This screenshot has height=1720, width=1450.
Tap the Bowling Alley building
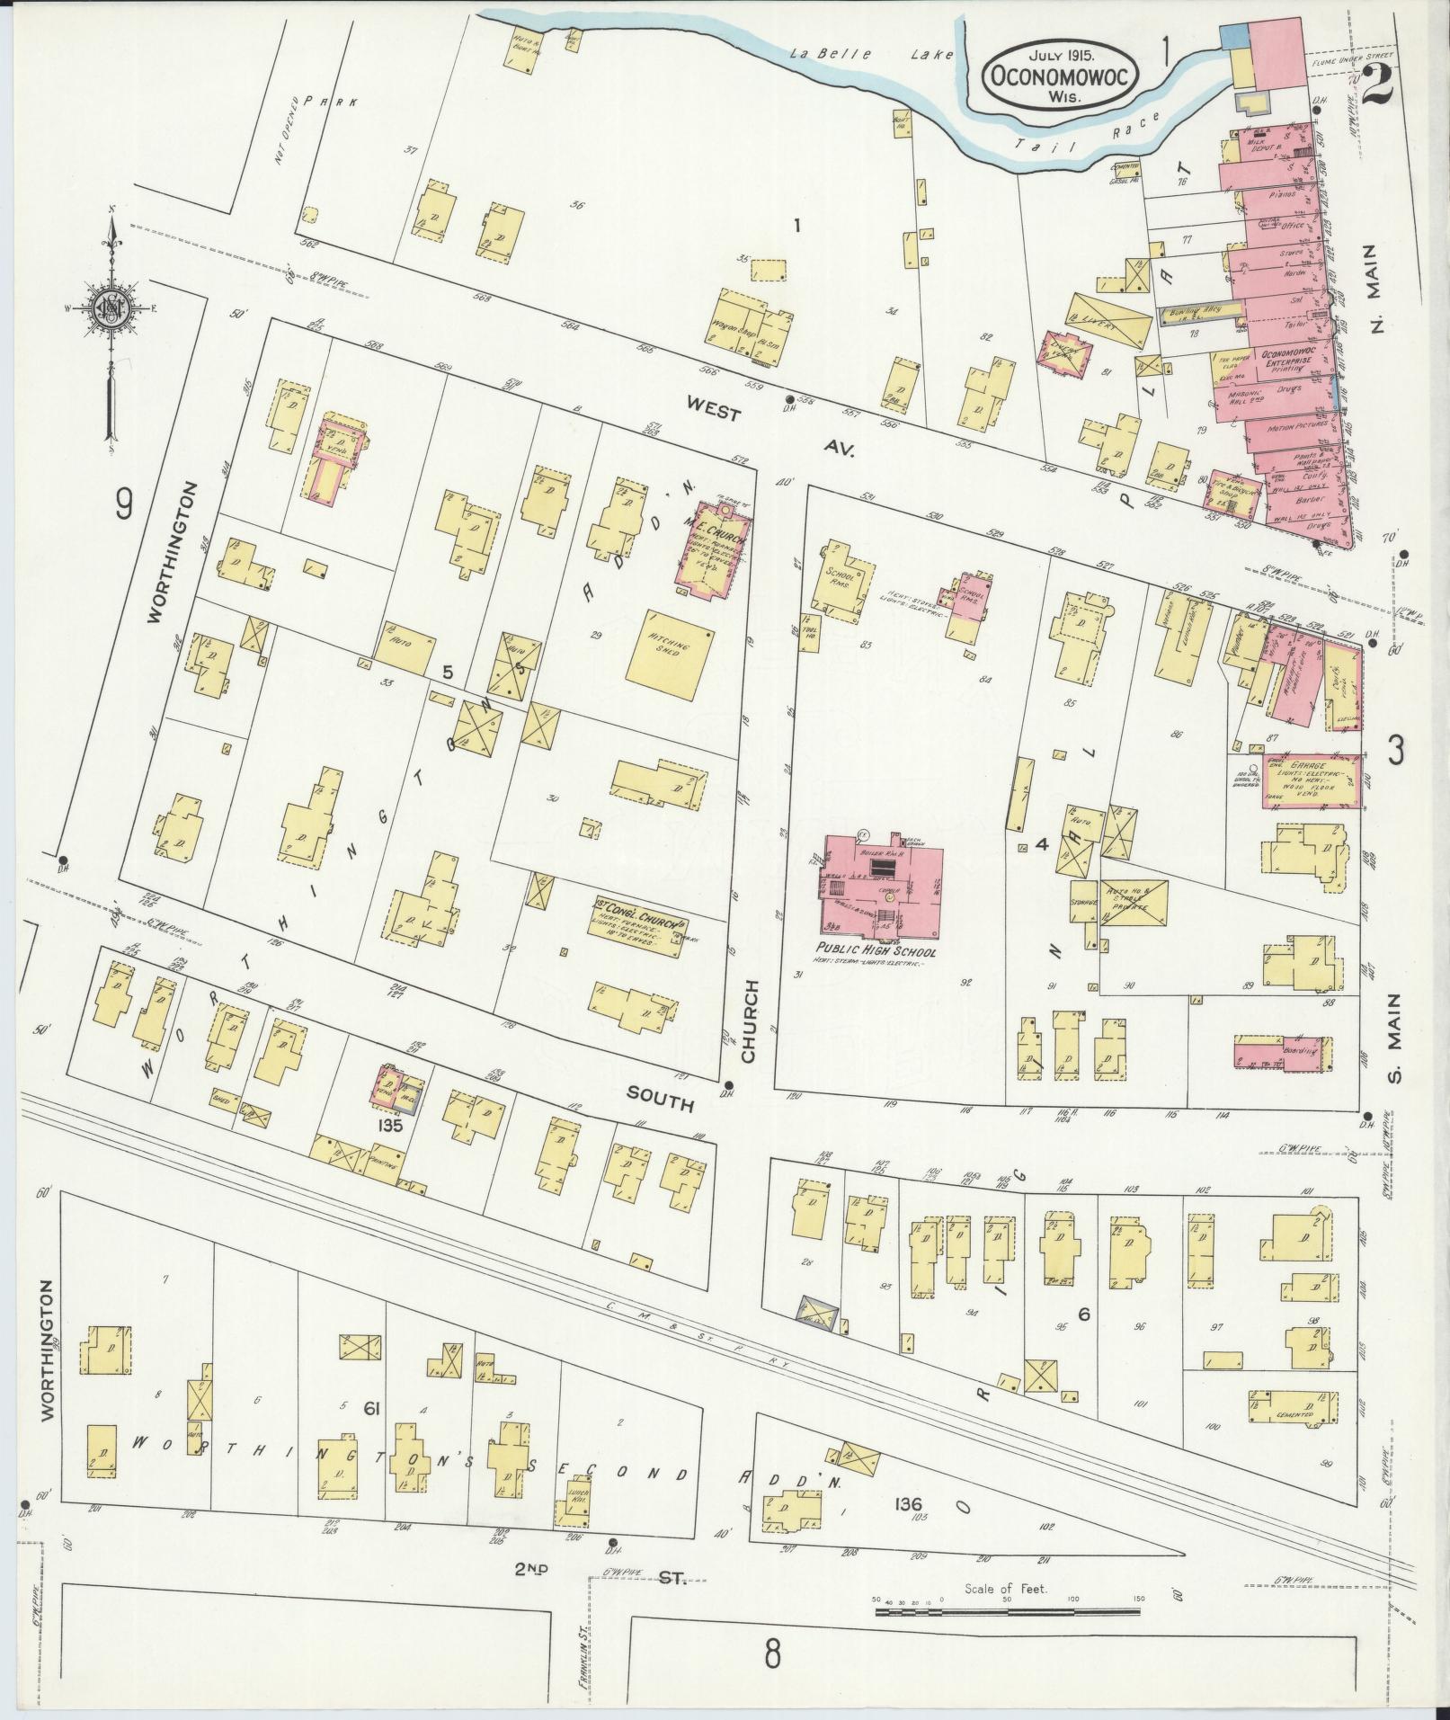(x=1199, y=312)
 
